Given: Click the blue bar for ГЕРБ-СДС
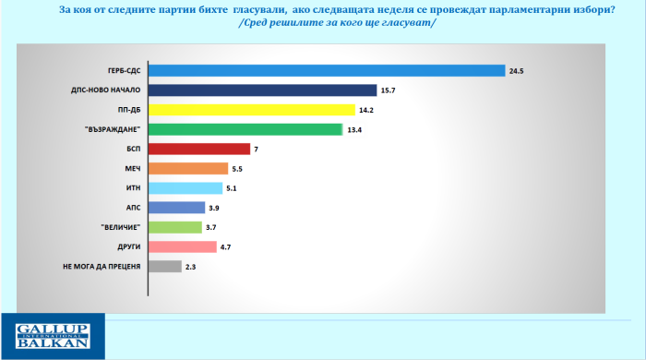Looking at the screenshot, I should point(327,70).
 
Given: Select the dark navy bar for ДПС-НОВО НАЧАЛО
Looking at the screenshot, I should point(263,90).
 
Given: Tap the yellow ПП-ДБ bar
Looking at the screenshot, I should point(252,110).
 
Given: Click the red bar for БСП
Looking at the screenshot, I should point(199,149).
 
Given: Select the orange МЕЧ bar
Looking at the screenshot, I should point(188,168).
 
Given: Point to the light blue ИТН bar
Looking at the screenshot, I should point(185,188).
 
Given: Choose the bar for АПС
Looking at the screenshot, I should point(177,208).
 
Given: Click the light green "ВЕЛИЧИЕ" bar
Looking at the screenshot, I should point(175,227).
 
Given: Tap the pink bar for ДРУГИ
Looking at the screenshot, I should point(183,247).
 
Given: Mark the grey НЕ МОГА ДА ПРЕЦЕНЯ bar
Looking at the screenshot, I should point(165,267).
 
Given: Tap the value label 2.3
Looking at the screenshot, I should point(191,267).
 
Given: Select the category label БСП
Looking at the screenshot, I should point(133,149).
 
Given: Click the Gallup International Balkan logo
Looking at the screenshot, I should point(52,336).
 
